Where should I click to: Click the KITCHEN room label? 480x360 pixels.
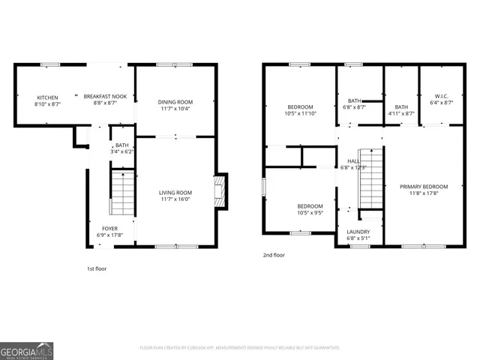click(48, 97)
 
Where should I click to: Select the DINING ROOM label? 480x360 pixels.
click(175, 102)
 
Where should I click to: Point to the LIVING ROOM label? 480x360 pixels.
click(175, 193)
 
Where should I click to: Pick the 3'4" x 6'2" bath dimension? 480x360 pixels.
click(122, 151)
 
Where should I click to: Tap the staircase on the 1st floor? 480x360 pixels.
click(122, 193)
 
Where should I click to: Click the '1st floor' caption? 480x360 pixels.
click(96, 268)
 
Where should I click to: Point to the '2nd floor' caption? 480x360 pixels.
click(274, 255)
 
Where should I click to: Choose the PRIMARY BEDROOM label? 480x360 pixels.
click(424, 187)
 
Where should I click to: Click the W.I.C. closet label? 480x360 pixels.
click(442, 95)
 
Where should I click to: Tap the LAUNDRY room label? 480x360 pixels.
click(358, 232)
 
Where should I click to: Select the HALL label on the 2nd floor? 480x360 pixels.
click(353, 160)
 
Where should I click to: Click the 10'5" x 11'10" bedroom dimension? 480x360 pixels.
click(301, 114)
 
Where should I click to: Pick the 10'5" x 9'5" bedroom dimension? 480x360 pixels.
click(310, 213)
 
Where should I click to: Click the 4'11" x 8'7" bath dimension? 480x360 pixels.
click(401, 114)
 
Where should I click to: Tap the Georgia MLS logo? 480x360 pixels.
click(27, 350)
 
